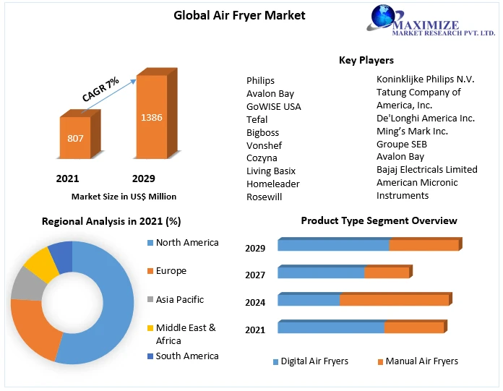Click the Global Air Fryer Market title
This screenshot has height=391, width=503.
pyautogui.click(x=239, y=15)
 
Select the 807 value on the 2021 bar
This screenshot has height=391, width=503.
pyautogui.click(x=76, y=137)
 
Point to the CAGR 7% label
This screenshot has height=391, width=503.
pyautogui.click(x=100, y=89)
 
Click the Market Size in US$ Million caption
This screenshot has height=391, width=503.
pyautogui.click(x=124, y=196)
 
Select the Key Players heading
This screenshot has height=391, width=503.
pyautogui.click(x=366, y=60)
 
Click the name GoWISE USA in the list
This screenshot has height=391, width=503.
pyautogui.click(x=273, y=106)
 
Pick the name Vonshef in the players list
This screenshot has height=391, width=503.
pyautogui.click(x=264, y=145)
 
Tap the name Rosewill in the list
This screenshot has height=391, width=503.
pyautogui.click(x=264, y=197)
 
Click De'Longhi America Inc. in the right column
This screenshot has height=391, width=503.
pyautogui.click(x=425, y=118)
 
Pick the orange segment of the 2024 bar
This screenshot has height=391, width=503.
pyautogui.click(x=394, y=300)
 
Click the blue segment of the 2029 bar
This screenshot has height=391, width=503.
pyautogui.click(x=333, y=246)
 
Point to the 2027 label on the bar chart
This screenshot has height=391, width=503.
pyautogui.click(x=255, y=275)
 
